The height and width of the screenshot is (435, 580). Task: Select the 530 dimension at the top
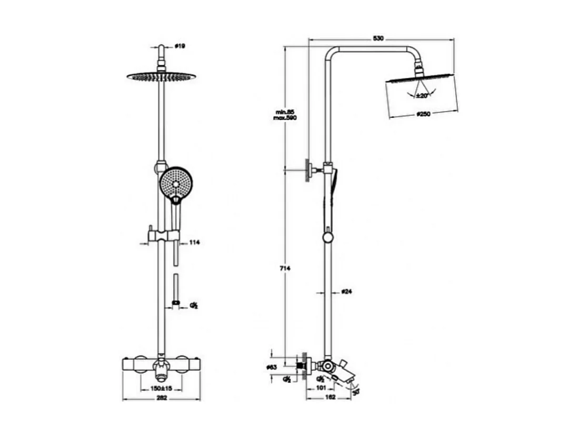(x=378, y=38)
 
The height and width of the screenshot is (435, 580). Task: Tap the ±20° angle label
(x=422, y=95)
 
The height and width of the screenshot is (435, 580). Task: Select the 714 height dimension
(x=285, y=268)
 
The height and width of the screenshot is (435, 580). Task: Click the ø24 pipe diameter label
(x=347, y=291)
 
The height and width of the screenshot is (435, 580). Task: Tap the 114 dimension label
(x=195, y=242)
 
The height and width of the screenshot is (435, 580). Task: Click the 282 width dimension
(x=162, y=399)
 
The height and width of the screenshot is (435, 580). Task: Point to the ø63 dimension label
(x=272, y=367)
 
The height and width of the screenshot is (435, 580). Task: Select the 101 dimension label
(x=319, y=388)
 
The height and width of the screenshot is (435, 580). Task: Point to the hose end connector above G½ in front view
(x=176, y=303)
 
